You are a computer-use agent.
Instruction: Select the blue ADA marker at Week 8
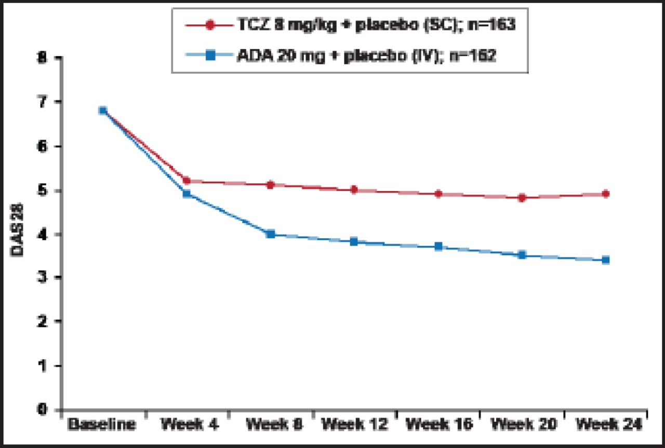(270, 234)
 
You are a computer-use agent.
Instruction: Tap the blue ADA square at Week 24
(605, 260)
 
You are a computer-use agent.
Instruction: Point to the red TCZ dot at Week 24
(605, 194)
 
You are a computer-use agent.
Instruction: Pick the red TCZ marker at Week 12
(354, 189)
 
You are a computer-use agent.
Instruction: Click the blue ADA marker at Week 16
(438, 246)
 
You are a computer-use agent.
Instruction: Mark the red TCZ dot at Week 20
(522, 197)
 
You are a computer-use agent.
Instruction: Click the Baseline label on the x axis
(102, 425)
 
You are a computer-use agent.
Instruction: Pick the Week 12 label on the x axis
(354, 425)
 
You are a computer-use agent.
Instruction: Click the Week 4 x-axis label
(190, 425)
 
